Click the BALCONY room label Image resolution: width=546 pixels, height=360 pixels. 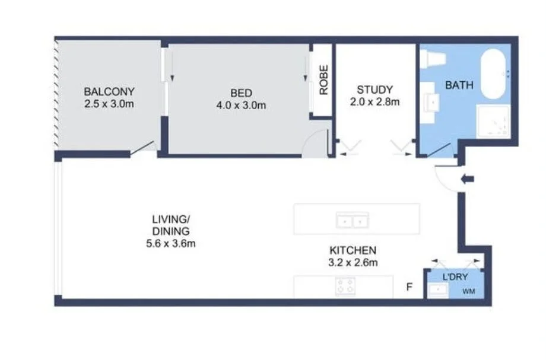point(109,92)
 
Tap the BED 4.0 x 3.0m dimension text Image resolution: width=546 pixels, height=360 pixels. point(241,106)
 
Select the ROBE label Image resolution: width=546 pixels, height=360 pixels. point(323,84)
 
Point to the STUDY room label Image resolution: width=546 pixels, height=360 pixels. point(374,90)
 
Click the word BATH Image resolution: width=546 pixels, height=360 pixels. point(459,85)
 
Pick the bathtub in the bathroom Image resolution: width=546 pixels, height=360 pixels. point(496,74)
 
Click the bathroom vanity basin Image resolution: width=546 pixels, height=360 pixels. point(434,102)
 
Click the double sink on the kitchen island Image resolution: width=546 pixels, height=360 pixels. point(353,220)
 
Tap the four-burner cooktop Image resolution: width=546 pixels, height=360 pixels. point(345,286)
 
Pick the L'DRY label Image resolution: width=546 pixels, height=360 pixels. point(455,277)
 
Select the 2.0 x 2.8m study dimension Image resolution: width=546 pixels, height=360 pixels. point(374,101)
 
